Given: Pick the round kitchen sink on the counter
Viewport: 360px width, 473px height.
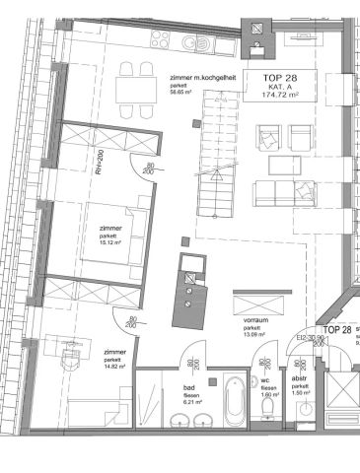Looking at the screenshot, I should [203, 45].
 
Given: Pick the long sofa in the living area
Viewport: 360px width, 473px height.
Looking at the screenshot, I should [283, 193].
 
